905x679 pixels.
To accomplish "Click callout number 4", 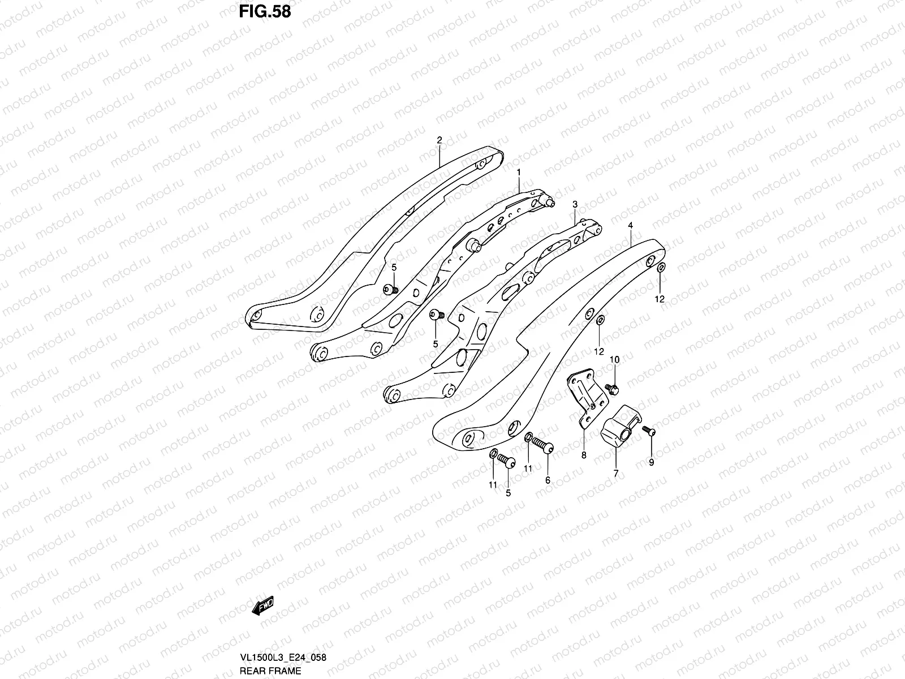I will tap(630, 225).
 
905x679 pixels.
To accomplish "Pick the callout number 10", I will tap(614, 360).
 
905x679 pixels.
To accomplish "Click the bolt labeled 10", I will tap(612, 388).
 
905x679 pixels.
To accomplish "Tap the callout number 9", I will tap(650, 462).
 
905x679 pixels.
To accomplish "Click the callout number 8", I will tap(583, 454).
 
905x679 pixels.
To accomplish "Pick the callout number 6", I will tap(548, 480).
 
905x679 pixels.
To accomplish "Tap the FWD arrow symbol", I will tap(263, 607).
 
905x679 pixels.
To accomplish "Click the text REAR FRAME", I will tap(270, 671).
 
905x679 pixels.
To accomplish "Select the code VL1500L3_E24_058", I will tap(281, 657).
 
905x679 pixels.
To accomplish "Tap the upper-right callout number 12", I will tap(660, 299).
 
